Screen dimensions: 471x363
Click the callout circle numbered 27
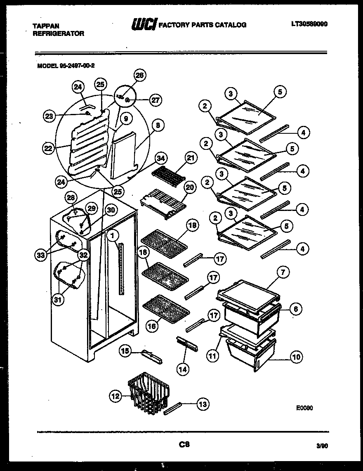[156, 99]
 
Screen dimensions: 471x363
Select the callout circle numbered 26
[140, 75]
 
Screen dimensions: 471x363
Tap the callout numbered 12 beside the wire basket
[115, 396]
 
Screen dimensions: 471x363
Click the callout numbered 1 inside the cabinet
[112, 235]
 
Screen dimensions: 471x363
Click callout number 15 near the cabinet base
[125, 351]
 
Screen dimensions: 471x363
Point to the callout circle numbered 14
[183, 369]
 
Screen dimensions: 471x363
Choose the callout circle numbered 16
[151, 326]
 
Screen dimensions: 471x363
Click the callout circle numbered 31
[58, 300]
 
